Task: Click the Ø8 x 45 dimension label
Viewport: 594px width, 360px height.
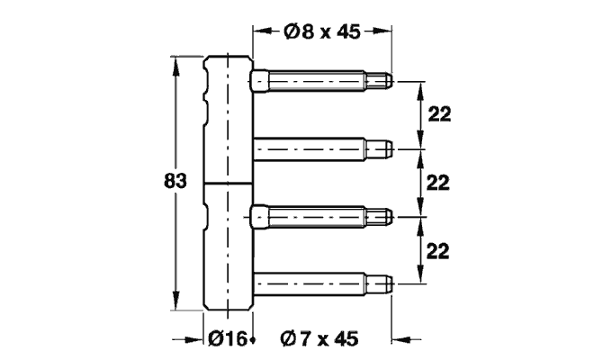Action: [x=322, y=32]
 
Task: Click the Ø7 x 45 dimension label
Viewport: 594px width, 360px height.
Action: [x=319, y=339]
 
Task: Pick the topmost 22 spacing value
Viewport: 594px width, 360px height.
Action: [x=438, y=114]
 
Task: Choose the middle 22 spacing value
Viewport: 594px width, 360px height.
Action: [x=438, y=183]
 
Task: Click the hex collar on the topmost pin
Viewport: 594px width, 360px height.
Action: [x=258, y=81]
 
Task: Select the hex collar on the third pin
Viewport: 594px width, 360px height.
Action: [x=258, y=216]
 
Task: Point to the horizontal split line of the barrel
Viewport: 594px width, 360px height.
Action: [x=228, y=184]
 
